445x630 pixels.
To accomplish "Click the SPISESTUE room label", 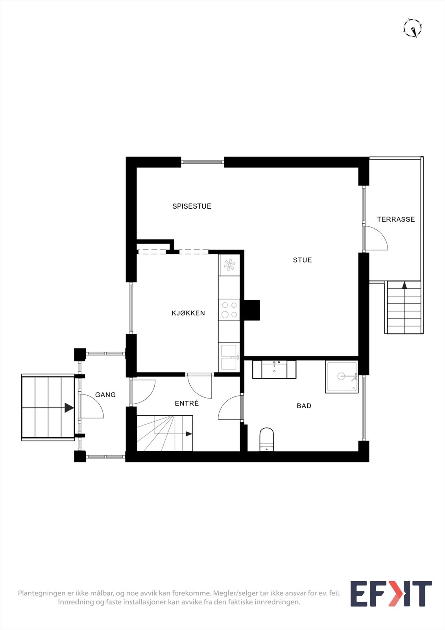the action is pos(192,206).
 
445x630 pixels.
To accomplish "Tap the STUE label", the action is pos(303,260).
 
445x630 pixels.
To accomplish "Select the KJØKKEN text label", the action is pos(188,313).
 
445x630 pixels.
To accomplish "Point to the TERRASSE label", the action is pos(396,219).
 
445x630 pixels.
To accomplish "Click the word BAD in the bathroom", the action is pos(304,406).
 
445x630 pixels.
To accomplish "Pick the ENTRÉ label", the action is pos(186,403).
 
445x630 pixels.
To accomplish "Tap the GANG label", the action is pos(105,395).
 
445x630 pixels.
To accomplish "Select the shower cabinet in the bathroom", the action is pos(342,377).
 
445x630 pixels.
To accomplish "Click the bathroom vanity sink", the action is pos(274,370).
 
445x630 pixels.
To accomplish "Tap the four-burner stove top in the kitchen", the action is pos(229,309).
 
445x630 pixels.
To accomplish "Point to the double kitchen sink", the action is pos(229,357).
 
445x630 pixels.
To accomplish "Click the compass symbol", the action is pos(413,28).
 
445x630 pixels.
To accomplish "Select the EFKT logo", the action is pos(391,594).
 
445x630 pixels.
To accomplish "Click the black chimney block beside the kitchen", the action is pos(251,310).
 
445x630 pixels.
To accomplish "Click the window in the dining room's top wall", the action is pos(202,162).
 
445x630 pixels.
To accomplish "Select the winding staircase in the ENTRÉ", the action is pos(165,433).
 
